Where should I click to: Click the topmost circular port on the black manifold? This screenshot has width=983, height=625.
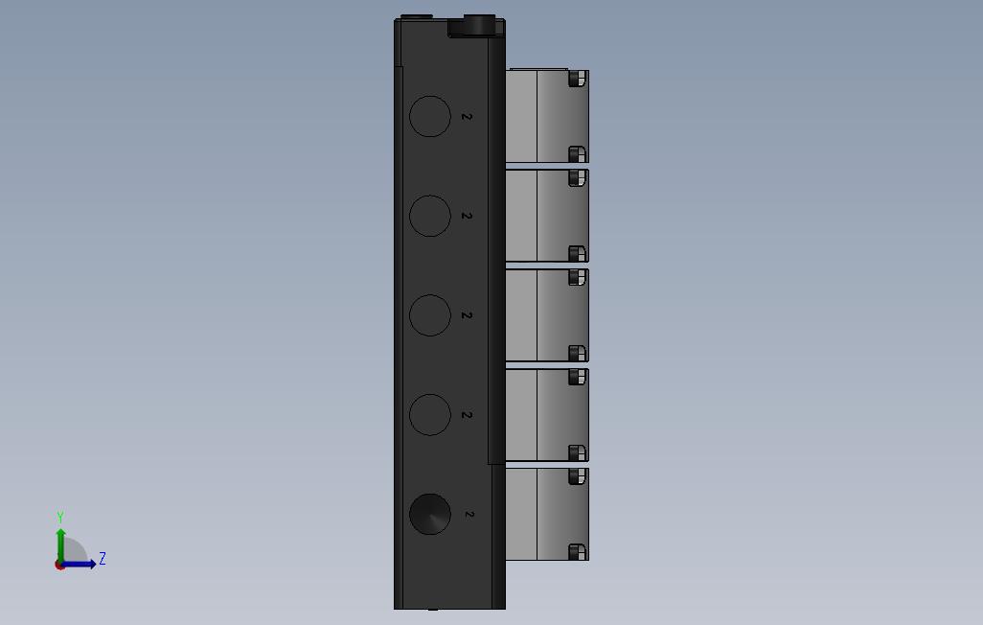click(x=430, y=116)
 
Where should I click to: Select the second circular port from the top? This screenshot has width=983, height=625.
click(x=430, y=216)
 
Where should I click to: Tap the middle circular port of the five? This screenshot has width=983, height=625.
click(x=430, y=315)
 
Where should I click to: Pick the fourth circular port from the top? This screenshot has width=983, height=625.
click(x=430, y=415)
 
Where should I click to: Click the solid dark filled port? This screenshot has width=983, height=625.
click(x=430, y=514)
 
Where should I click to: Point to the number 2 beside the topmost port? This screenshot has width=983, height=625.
click(x=467, y=117)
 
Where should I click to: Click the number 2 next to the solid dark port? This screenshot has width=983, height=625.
click(x=469, y=515)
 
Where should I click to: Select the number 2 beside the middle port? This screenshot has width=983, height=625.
click(x=467, y=315)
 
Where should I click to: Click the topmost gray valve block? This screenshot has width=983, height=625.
click(x=547, y=115)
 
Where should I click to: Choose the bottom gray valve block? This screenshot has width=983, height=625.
click(x=547, y=514)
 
